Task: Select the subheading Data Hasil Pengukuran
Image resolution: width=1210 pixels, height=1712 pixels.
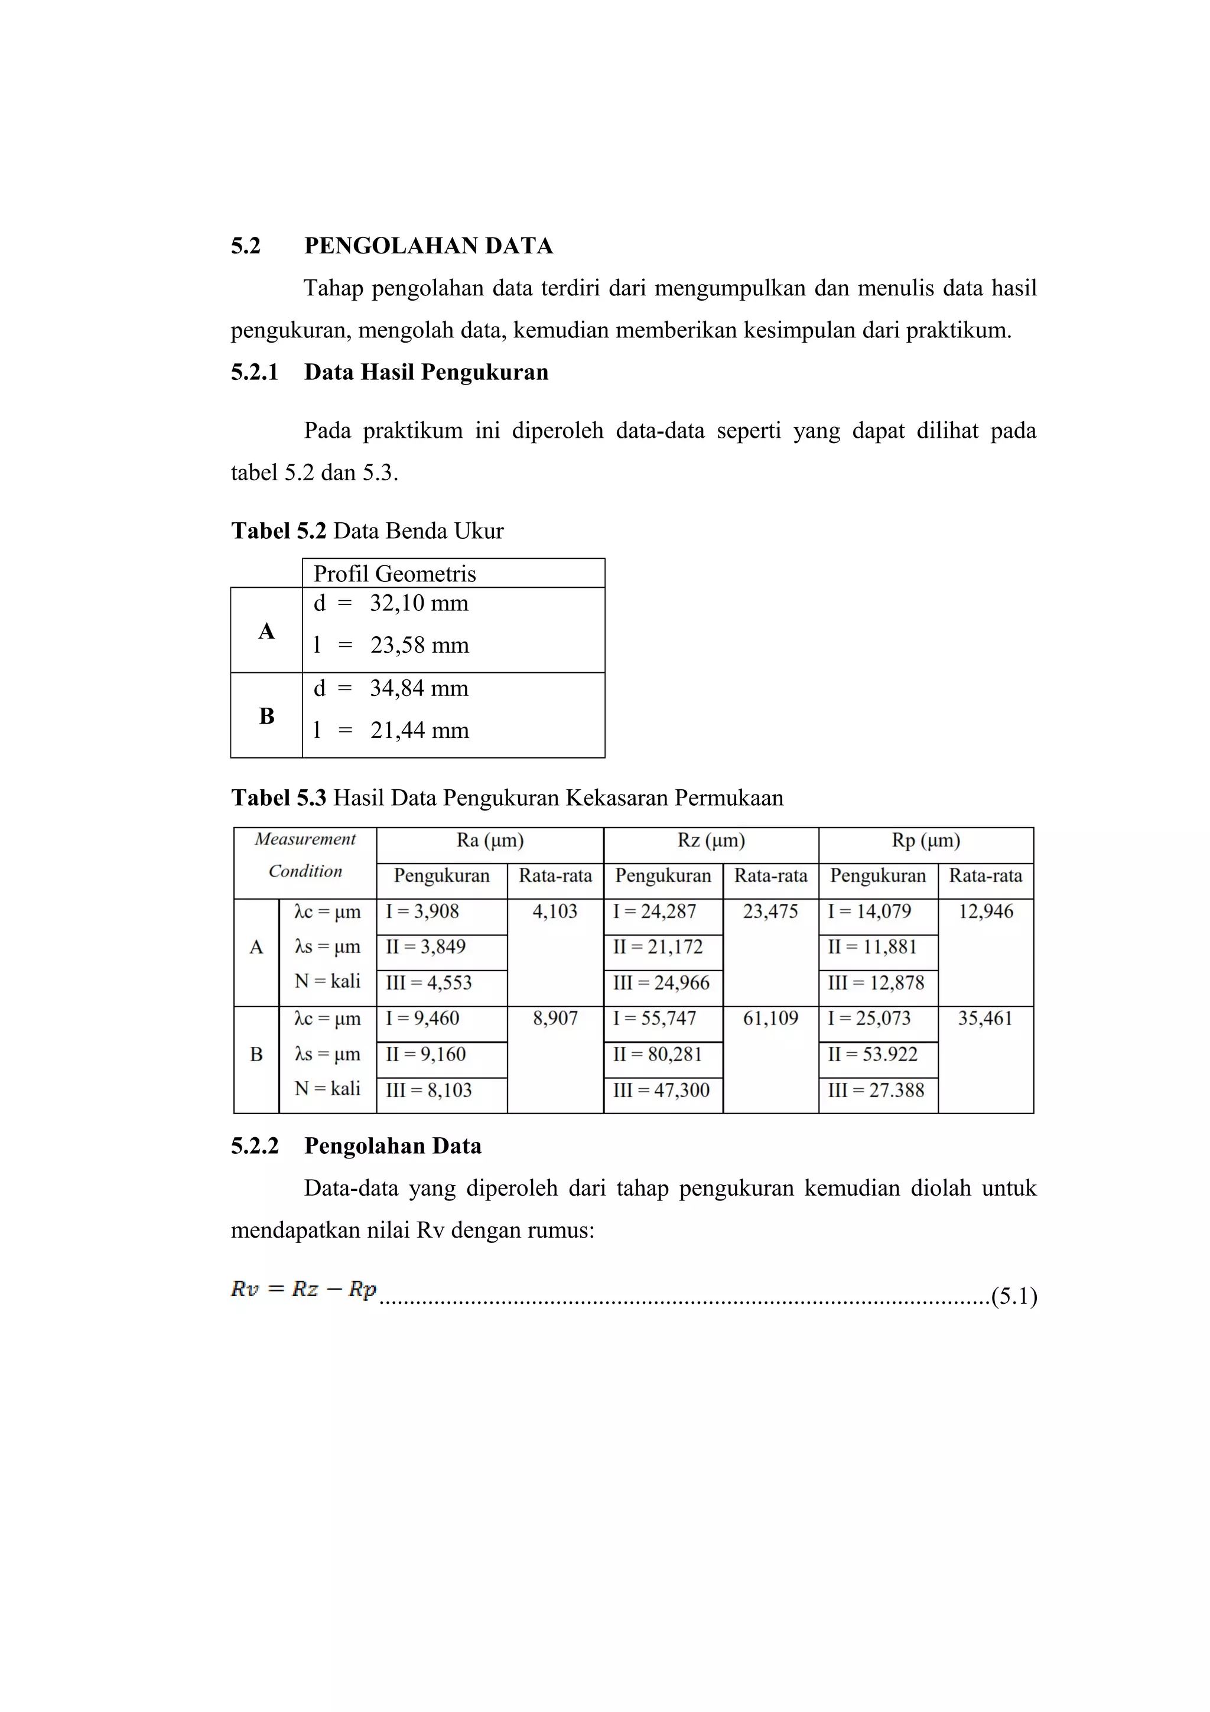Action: coord(426,372)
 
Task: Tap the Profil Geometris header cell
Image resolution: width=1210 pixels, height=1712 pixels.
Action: coord(395,574)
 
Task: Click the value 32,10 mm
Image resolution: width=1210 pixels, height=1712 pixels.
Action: coord(419,603)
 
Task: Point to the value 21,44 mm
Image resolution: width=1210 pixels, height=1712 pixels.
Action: coord(419,730)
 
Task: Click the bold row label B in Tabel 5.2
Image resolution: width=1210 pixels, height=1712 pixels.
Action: coord(266,716)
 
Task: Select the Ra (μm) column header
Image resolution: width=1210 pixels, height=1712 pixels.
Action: coord(490,841)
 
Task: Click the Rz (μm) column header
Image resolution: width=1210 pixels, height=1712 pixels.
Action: coord(711,841)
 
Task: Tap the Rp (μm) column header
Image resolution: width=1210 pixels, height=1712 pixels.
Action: coord(925,841)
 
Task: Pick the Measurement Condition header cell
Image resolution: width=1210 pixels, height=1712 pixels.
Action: coord(305,855)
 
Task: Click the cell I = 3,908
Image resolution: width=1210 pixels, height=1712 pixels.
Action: coord(422,912)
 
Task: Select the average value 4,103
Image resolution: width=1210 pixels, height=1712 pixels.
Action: coord(555,912)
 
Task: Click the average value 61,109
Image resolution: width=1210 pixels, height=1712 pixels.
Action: coord(770,1018)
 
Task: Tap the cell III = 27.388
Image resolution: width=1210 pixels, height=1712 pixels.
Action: coord(875,1090)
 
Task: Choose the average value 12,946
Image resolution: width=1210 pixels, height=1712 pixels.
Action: coord(985,912)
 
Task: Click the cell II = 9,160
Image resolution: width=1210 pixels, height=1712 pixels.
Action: coord(425,1054)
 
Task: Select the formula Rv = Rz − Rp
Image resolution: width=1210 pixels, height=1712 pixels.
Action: coord(304,1289)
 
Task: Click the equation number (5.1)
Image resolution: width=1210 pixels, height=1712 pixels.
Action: coord(1014,1297)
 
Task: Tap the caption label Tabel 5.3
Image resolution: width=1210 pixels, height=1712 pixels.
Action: coord(279,798)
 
